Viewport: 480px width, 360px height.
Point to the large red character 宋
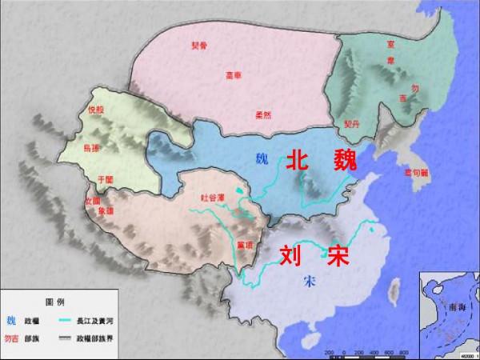pos(338,255)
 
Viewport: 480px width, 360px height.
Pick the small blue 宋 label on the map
pos(310,282)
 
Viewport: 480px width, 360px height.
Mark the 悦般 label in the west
pos(94,112)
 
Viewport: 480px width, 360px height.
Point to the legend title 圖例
pos(54,302)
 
